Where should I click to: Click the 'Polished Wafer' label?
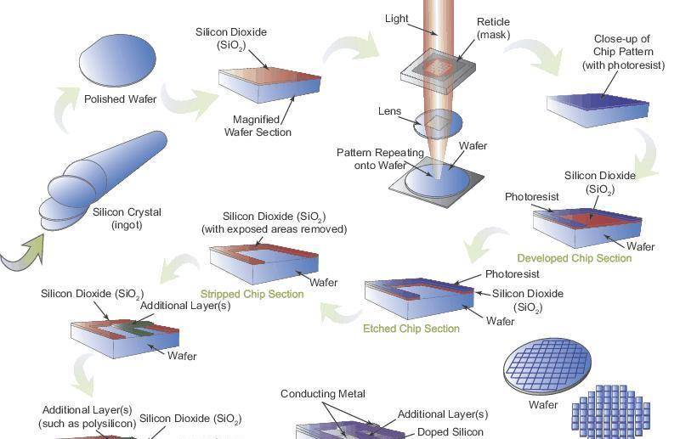point(120,99)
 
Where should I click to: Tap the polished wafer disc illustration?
point(118,63)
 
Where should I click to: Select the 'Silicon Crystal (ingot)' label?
point(127,218)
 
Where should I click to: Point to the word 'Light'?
point(397,19)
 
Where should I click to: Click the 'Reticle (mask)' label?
point(493,28)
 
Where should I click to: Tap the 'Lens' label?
point(389,111)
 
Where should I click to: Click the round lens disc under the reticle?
point(439,127)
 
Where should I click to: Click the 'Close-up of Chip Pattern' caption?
point(623,52)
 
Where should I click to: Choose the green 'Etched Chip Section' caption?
point(411,329)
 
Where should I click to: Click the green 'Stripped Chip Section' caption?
point(252,294)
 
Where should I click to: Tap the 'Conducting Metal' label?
point(323,394)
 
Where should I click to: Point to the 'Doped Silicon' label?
point(450,432)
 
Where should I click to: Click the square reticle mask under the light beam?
point(437,67)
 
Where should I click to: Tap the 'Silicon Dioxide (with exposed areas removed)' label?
point(274,222)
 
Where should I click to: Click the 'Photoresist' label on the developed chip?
point(532,197)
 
